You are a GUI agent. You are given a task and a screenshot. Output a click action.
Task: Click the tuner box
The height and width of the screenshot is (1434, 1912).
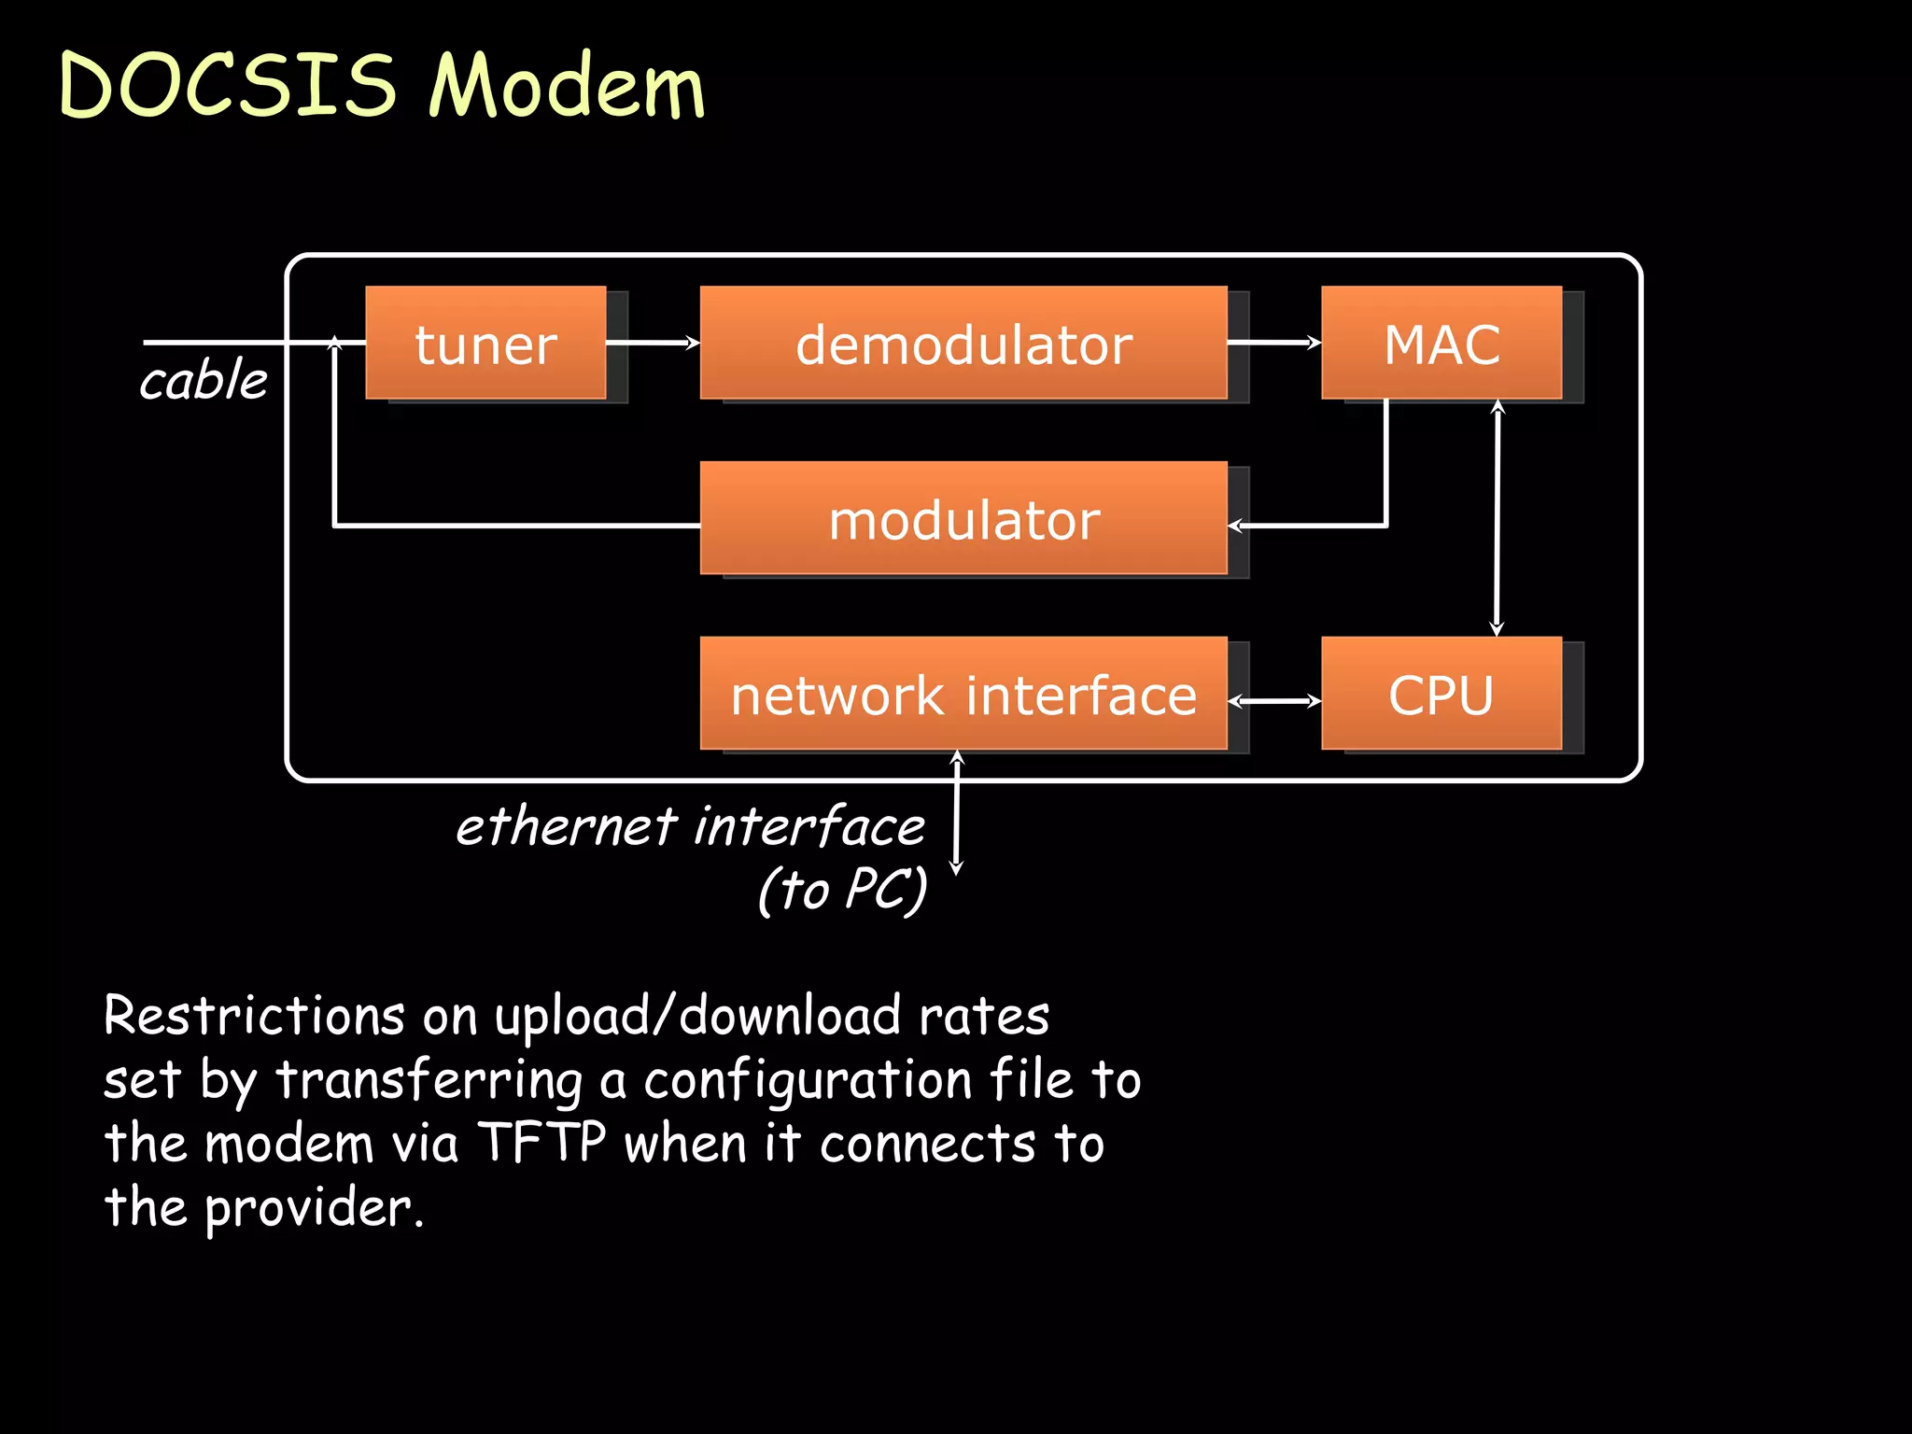pos(485,344)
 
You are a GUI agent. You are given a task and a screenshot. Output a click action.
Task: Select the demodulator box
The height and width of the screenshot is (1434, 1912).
pos(963,344)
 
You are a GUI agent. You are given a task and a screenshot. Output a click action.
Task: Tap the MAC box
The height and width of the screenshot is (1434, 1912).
pos(1441,344)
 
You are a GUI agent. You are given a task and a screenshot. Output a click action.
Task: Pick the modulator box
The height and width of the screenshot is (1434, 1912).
pos(963,518)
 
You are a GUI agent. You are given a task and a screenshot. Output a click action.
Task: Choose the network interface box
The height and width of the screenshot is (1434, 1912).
pos(963,694)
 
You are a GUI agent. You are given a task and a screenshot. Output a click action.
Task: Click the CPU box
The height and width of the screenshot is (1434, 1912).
pos(1441,694)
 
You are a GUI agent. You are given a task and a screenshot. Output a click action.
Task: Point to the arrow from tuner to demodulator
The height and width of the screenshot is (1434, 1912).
pos(654,343)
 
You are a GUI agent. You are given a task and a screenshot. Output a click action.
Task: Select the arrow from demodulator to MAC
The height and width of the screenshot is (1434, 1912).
pos(1274,343)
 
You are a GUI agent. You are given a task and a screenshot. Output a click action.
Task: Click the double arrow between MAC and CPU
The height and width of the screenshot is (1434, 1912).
pos(1497,518)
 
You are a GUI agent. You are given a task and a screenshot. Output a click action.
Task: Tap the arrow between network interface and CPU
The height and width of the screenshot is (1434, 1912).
pos(1274,701)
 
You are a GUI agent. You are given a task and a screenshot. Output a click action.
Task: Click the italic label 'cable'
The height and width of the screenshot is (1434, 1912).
pos(204,380)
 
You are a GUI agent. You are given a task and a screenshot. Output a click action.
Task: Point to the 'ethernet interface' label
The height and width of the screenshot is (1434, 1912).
pos(691,827)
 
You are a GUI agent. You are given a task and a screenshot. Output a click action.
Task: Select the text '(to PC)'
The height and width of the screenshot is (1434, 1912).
pos(842,889)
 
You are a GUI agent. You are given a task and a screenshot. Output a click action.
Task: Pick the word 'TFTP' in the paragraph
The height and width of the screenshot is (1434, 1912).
pos(542,1142)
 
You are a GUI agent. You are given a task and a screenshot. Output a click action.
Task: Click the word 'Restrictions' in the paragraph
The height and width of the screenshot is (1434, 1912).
pos(254,1016)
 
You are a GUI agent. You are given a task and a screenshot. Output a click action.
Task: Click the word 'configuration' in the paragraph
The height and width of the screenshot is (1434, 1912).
pos(808,1081)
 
